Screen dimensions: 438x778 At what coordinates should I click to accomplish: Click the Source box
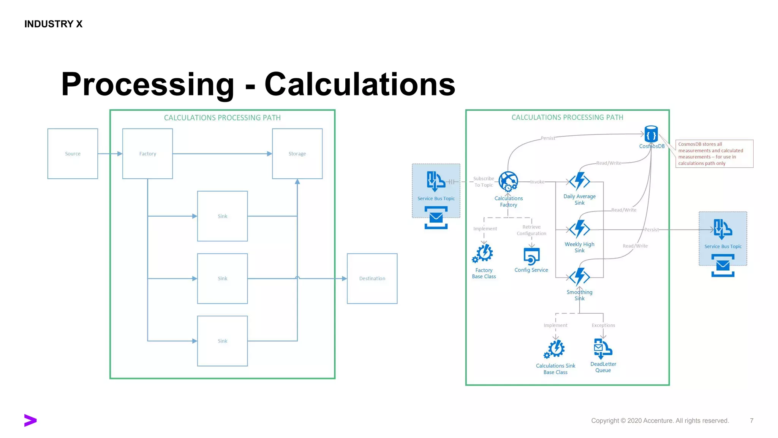click(x=73, y=154)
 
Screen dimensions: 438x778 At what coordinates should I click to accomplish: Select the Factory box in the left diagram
click(x=147, y=154)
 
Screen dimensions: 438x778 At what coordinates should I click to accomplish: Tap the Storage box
click(x=297, y=154)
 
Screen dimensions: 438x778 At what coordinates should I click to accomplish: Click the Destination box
click(x=372, y=278)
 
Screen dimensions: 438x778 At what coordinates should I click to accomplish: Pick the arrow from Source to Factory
click(x=110, y=154)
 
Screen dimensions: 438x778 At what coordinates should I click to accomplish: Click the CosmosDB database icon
click(x=651, y=134)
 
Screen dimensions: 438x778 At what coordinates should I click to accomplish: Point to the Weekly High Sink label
click(x=579, y=247)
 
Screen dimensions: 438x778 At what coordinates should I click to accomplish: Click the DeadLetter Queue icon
click(x=602, y=348)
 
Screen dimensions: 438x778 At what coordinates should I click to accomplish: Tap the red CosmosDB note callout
click(x=714, y=154)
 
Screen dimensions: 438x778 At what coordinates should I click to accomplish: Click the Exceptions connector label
click(x=603, y=325)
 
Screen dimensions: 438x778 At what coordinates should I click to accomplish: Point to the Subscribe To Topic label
click(x=484, y=182)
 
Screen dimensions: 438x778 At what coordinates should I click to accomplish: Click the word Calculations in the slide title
click(x=360, y=84)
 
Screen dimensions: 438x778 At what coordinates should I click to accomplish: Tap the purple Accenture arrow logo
click(x=30, y=420)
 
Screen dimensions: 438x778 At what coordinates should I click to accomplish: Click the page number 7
click(x=751, y=421)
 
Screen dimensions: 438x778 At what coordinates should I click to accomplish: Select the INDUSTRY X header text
click(x=54, y=24)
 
